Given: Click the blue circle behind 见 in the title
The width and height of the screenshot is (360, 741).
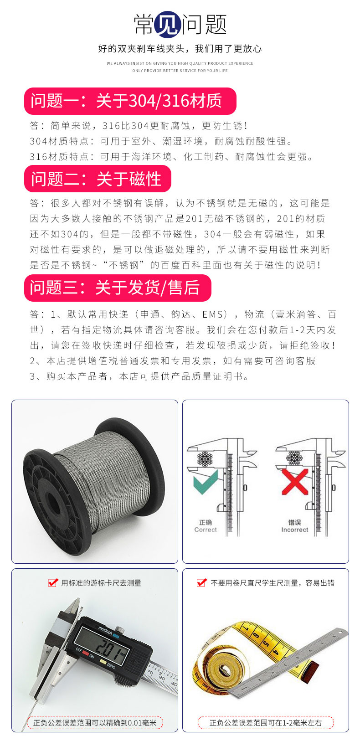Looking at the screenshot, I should click(x=168, y=24).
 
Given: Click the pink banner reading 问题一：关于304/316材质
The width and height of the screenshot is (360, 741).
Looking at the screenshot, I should click(x=130, y=101).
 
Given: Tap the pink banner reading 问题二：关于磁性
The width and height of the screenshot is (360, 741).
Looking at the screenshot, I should click(x=97, y=179).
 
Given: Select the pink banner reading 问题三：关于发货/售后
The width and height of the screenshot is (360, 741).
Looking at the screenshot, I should click(x=117, y=288).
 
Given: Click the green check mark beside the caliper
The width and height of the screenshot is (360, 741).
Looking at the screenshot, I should click(x=206, y=482).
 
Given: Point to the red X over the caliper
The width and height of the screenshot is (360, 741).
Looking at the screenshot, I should click(x=295, y=481).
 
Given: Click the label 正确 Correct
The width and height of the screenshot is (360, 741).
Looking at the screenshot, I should click(x=206, y=526).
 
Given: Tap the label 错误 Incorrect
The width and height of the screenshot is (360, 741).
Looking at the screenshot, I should click(x=294, y=526).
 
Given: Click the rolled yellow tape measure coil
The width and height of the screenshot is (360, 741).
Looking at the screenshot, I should click(x=226, y=670).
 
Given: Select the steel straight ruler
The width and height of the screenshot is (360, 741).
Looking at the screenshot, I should click(x=292, y=661).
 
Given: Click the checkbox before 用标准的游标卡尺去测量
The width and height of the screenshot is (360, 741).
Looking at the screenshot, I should click(x=53, y=583).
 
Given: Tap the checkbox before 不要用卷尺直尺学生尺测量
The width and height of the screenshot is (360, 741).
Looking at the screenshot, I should click(x=201, y=583).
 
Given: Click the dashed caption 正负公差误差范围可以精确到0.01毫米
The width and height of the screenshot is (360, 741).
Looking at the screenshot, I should click(x=94, y=722).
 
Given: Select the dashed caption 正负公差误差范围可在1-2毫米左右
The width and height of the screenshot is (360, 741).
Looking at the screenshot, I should click(x=265, y=722).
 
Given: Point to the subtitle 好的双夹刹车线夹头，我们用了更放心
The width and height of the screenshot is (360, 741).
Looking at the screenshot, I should click(x=180, y=49).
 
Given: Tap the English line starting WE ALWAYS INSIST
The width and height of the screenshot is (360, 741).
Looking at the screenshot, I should click(x=180, y=63).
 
